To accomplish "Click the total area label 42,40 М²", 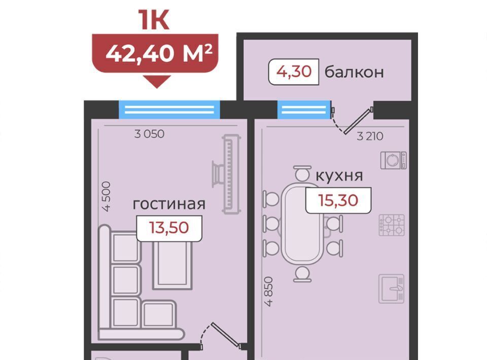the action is pyautogui.click(x=159, y=53).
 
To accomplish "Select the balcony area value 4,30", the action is pyautogui.click(x=294, y=71).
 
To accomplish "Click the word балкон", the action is pyautogui.click(x=354, y=72).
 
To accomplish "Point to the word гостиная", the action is pyautogui.click(x=169, y=204).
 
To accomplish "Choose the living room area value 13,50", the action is pyautogui.click(x=169, y=228).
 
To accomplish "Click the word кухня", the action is pyautogui.click(x=339, y=176).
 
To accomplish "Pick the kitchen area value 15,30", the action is pyautogui.click(x=338, y=200).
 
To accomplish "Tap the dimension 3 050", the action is pyautogui.click(x=149, y=134).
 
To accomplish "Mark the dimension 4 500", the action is pyautogui.click(x=106, y=196).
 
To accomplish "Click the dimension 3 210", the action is pyautogui.click(x=370, y=136).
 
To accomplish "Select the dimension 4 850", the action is pyautogui.click(x=269, y=292).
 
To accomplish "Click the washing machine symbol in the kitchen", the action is pyautogui.click(x=394, y=160).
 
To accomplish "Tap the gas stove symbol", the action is pyautogui.click(x=392, y=225).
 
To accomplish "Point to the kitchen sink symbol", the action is pyautogui.click(x=391, y=289).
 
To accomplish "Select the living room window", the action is pyautogui.click(x=169, y=110).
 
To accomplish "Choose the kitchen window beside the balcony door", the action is pyautogui.click(x=304, y=110).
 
